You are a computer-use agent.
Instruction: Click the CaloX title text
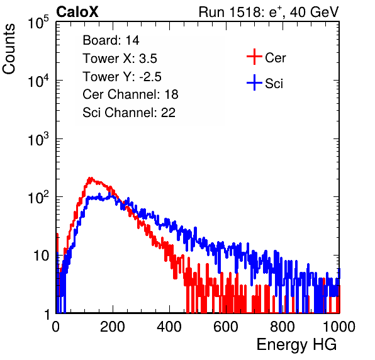77,12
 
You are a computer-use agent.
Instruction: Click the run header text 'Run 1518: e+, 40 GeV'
269,12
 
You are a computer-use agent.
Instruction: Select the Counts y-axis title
9,49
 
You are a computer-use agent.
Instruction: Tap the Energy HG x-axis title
296,344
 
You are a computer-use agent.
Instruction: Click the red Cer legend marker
254,57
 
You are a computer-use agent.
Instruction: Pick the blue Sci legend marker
254,82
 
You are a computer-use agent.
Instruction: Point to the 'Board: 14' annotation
111,40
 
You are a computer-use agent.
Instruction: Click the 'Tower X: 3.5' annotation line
120,59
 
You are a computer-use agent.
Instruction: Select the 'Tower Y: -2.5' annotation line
122,77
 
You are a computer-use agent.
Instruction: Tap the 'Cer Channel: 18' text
130,94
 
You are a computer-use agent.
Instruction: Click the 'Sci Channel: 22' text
129,113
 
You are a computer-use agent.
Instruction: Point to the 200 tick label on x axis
113,327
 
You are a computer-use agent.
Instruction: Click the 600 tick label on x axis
226,327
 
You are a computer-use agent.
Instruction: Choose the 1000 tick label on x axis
339,327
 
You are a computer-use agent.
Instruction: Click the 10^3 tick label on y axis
38,139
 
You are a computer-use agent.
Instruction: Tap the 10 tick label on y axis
41,256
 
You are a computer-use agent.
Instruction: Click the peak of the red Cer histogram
90,179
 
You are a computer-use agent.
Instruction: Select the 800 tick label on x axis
283,327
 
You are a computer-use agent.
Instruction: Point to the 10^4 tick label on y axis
38,81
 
